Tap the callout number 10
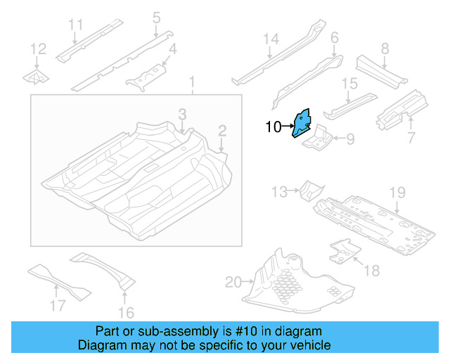click(x=273, y=127)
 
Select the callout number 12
click(x=38, y=49)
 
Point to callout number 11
click(x=76, y=26)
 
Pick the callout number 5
click(x=156, y=17)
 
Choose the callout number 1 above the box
click(x=191, y=85)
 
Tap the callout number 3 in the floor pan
click(x=181, y=114)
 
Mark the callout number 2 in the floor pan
click(x=222, y=130)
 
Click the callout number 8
click(x=385, y=49)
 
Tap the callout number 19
click(x=397, y=192)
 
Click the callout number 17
click(x=58, y=305)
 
